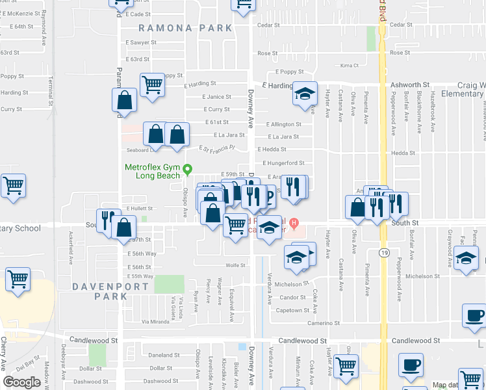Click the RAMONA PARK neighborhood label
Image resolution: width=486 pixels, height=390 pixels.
click(x=185, y=28)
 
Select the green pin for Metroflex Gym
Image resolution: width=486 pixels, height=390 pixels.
click(x=188, y=170)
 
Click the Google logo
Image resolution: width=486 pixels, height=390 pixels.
click(x=21, y=382)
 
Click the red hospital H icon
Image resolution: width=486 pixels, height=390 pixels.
click(x=294, y=224)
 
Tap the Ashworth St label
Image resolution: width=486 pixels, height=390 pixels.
click(x=409, y=85)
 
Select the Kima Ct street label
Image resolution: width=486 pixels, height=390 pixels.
click(x=350, y=66)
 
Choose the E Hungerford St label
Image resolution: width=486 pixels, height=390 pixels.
click(x=283, y=163)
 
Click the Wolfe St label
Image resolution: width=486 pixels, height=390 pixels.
click(x=235, y=265)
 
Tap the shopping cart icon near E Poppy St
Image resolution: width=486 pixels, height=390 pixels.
click(x=152, y=84)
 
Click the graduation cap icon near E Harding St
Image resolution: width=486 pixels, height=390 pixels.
click(x=304, y=94)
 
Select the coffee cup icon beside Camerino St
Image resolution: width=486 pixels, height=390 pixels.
click(x=473, y=317)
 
